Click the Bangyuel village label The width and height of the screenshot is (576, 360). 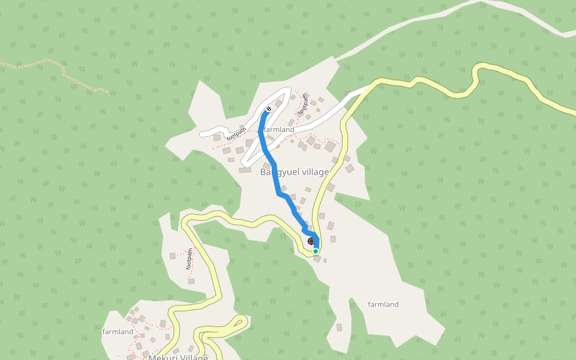(294, 172)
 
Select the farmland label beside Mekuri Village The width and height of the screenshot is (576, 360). (118, 332)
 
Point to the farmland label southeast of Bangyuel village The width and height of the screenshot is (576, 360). (383, 304)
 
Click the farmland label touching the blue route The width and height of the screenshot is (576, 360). (280, 130)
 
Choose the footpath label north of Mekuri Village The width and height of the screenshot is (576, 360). (190, 258)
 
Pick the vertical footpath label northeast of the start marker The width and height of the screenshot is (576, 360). (303, 103)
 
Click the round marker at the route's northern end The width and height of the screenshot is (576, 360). (268, 109)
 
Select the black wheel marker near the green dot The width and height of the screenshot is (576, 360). (311, 241)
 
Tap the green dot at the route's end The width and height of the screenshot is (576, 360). (316, 251)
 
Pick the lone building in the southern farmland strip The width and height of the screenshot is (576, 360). (339, 328)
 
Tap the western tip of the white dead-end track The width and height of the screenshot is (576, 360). (203, 133)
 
